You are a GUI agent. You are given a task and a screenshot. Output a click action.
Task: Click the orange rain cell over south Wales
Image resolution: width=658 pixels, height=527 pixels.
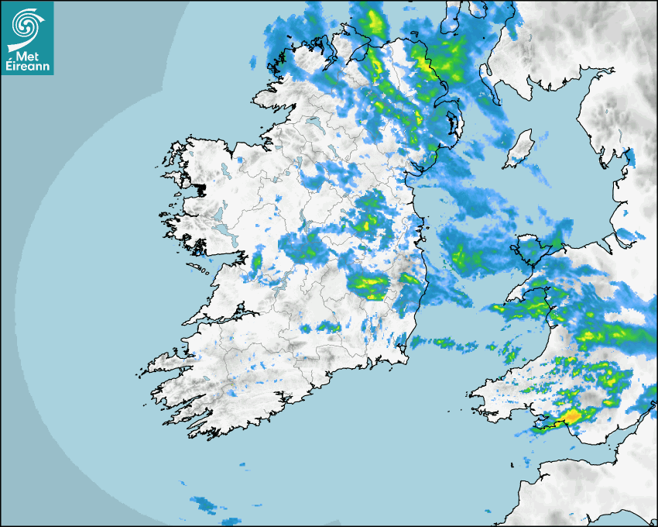point(572,417)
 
